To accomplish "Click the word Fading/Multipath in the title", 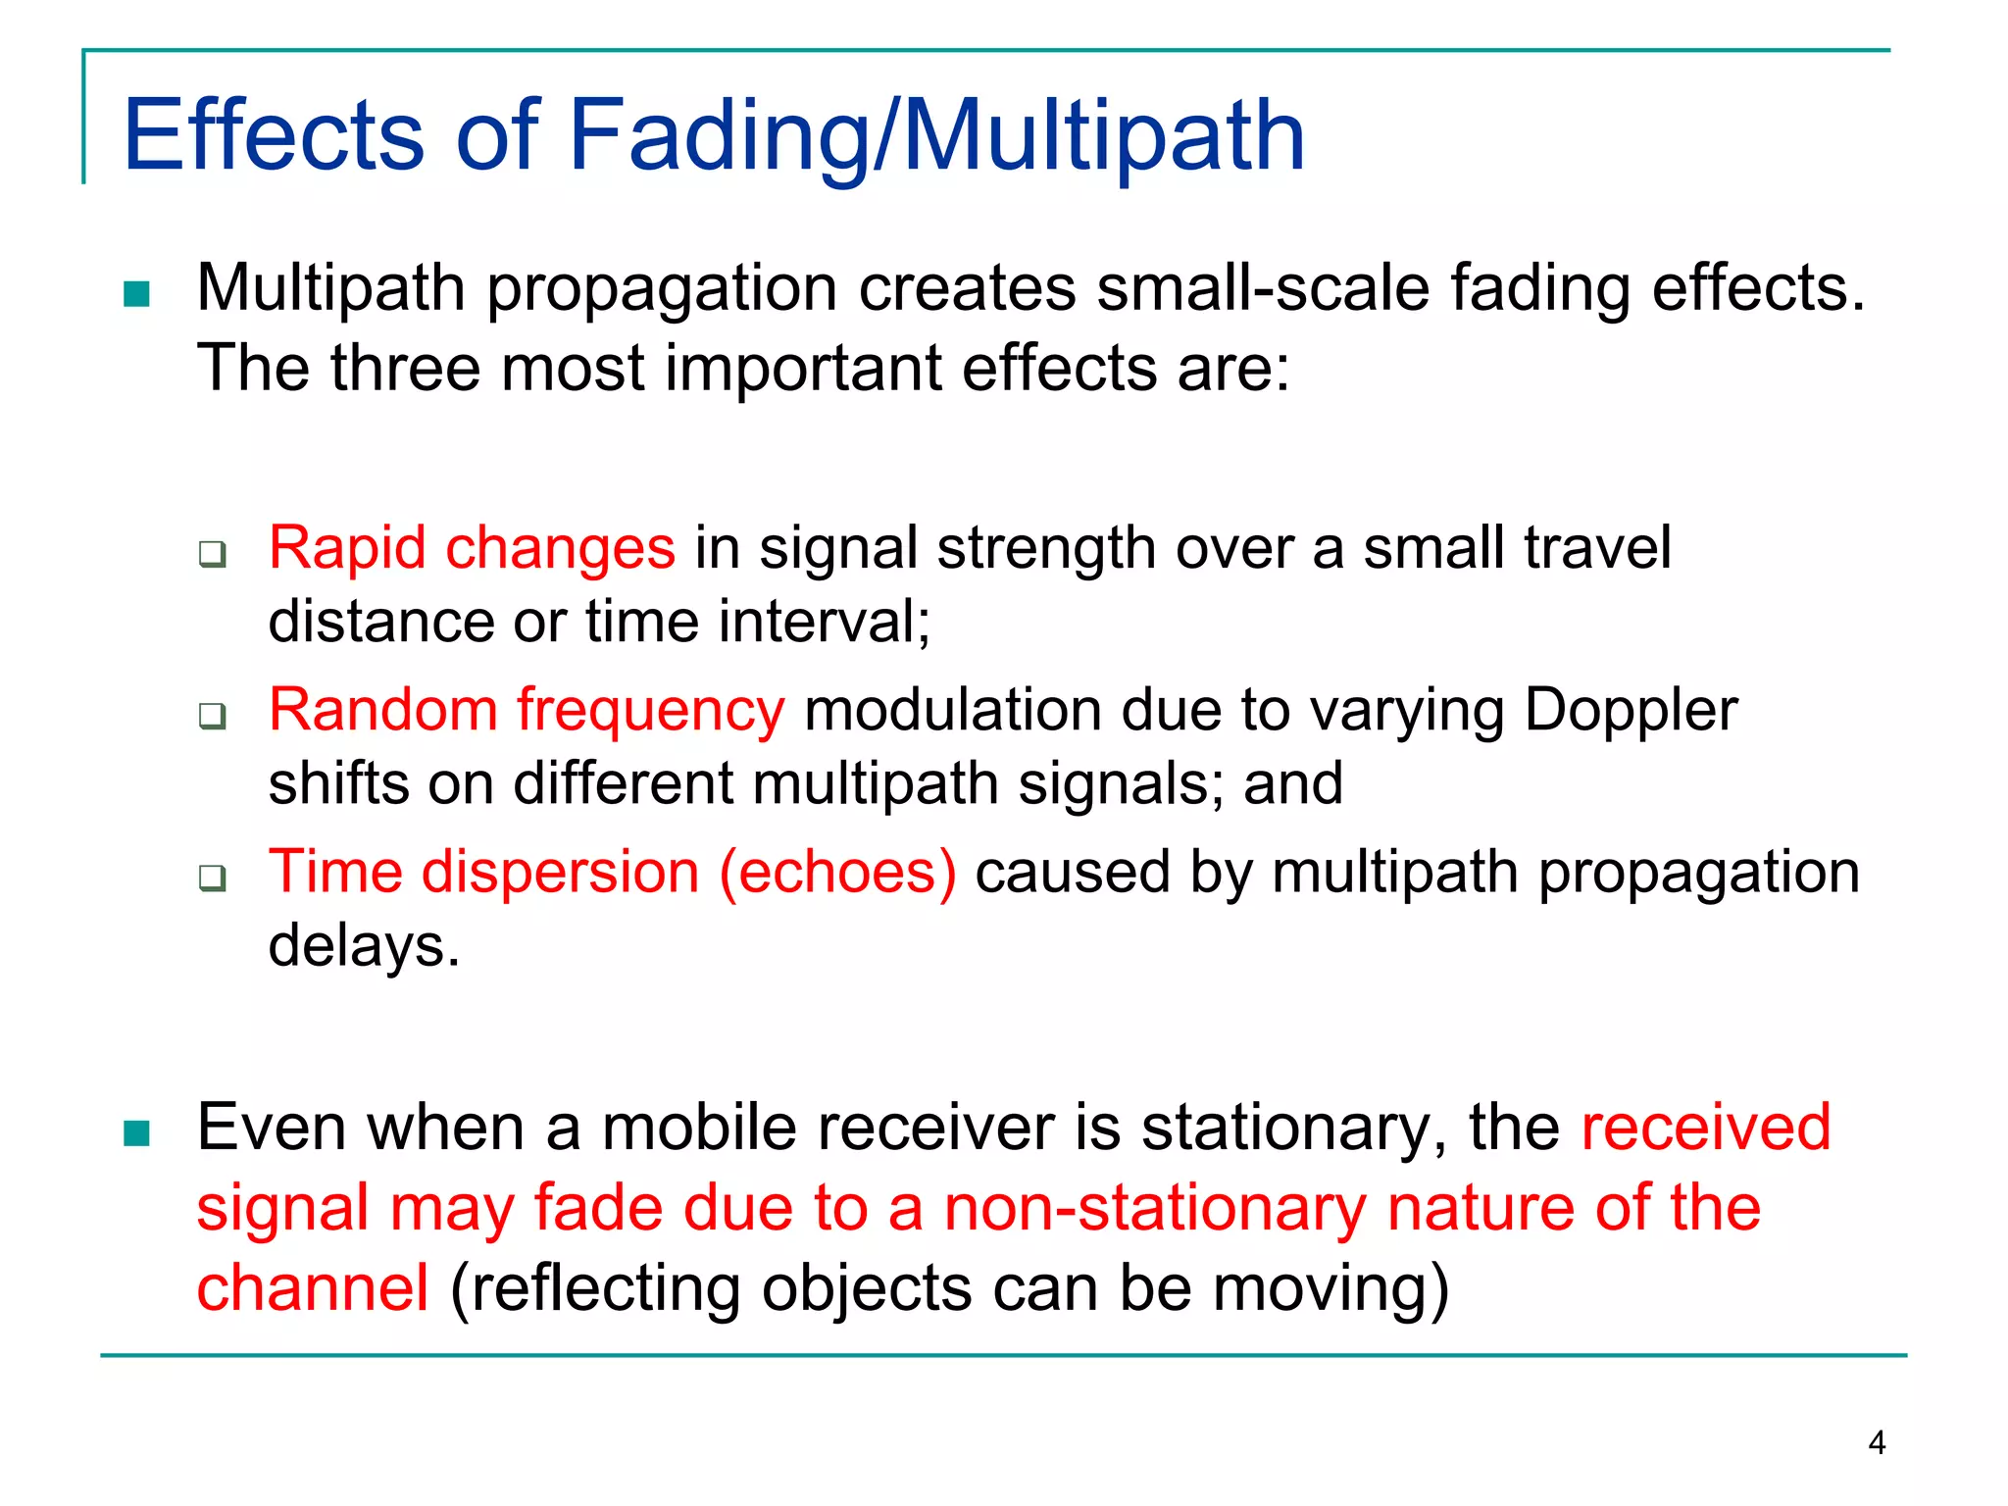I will pyautogui.click(x=936, y=137).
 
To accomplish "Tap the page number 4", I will pyautogui.click(x=1877, y=1443).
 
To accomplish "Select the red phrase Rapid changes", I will pyautogui.click(x=472, y=547).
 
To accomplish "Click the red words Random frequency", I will pyautogui.click(x=527, y=709).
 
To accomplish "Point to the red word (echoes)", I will pyautogui.click(x=837, y=872).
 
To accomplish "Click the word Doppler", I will pyautogui.click(x=1631, y=709).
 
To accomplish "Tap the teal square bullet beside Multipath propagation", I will pyautogui.click(x=136, y=294).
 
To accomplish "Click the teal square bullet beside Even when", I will pyautogui.click(x=136, y=1133).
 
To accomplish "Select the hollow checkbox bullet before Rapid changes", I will pyautogui.click(x=212, y=554).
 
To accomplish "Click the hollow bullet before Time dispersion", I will pyautogui.click(x=212, y=878).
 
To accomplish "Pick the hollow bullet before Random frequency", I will pyautogui.click(x=212, y=716).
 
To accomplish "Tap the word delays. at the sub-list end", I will pyautogui.click(x=364, y=946).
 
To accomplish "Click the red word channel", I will pyautogui.click(x=312, y=1287).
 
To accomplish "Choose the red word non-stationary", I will pyautogui.click(x=1154, y=1208).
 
